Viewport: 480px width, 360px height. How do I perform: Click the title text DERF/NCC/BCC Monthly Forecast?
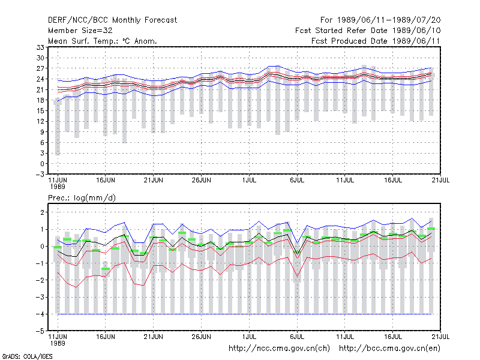(112, 20)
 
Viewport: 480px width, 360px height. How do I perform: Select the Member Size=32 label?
(80, 31)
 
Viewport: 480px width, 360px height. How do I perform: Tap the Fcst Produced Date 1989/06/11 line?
(376, 41)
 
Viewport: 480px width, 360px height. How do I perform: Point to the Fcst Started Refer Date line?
(368, 31)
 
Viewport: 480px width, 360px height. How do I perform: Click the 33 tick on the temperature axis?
(40, 47)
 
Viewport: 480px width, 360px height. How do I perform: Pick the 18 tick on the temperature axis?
(40, 100)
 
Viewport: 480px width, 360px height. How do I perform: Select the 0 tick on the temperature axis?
(42, 164)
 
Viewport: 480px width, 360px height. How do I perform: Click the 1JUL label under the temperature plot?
(249, 181)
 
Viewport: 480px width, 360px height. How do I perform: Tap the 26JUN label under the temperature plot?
(201, 181)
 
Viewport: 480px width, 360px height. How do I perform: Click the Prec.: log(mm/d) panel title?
(82, 198)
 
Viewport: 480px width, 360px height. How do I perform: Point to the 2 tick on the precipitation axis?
(42, 212)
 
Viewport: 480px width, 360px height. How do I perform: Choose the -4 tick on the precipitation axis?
(40, 314)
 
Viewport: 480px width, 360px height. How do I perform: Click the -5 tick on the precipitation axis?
(40, 331)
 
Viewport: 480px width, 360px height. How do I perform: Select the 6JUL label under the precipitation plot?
(297, 337)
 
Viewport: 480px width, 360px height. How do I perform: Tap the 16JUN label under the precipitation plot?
(106, 337)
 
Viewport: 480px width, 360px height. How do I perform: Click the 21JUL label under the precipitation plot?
(440, 337)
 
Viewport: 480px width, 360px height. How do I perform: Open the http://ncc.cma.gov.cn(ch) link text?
(279, 349)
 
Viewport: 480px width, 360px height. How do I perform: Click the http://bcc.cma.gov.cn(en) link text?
(389, 349)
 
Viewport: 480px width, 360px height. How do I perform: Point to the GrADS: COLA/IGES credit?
(27, 356)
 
